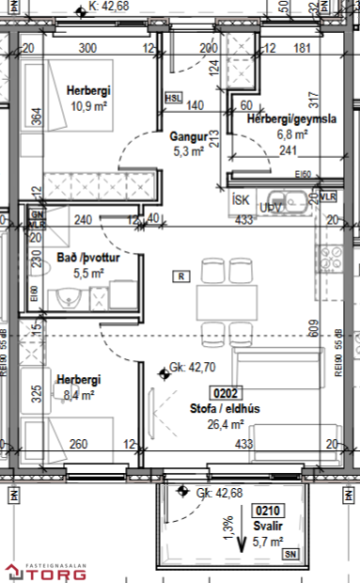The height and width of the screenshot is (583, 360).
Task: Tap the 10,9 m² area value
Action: (x=89, y=105)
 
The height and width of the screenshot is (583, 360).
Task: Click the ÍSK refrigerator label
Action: (x=241, y=199)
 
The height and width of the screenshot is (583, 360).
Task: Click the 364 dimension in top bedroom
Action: (x=36, y=117)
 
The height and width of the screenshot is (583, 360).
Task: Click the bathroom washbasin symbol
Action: (x=68, y=300)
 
